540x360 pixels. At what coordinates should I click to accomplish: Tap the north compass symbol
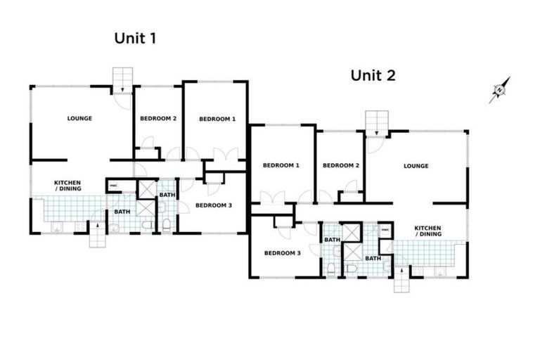pyautogui.click(x=499, y=90)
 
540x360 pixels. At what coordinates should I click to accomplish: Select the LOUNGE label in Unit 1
pyautogui.click(x=79, y=118)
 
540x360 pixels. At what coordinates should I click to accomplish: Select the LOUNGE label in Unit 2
pyautogui.click(x=416, y=166)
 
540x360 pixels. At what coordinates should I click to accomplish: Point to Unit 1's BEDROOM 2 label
pyautogui.click(x=158, y=118)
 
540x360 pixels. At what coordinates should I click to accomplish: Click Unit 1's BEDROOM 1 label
pyautogui.click(x=217, y=119)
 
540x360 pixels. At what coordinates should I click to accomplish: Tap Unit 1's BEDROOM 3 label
pyautogui.click(x=213, y=205)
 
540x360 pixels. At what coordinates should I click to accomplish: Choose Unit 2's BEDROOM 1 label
pyautogui.click(x=281, y=165)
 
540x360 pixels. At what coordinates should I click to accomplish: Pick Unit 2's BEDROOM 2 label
pyautogui.click(x=341, y=165)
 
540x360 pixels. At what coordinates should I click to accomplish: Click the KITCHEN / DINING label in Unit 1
pyautogui.click(x=68, y=186)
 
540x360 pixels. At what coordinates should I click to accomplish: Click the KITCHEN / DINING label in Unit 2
pyautogui.click(x=427, y=231)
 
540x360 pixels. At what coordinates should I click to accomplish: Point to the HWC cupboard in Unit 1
pyautogui.click(x=113, y=186)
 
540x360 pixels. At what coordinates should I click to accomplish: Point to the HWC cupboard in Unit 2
pyautogui.click(x=385, y=230)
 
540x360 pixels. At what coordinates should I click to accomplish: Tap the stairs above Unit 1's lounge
pyautogui.click(x=122, y=77)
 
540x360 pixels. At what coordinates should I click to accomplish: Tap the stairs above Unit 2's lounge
pyautogui.click(x=376, y=122)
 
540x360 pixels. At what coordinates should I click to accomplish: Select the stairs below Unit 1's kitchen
pyautogui.click(x=97, y=236)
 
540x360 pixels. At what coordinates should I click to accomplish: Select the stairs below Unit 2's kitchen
pyautogui.click(x=401, y=282)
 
